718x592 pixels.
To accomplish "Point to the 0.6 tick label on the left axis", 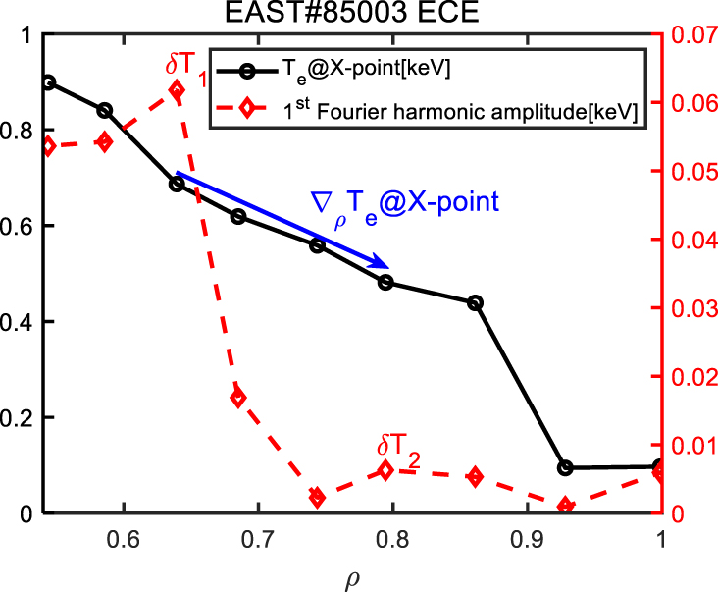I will pos(21,226).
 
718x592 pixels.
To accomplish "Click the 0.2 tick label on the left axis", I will pos(21,417).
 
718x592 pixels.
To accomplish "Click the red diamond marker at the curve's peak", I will pos(177,91).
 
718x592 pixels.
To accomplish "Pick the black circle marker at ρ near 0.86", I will pos(476,303).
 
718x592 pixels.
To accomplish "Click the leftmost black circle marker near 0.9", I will pos(49,82).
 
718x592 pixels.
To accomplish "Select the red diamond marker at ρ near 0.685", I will pos(237,398).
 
